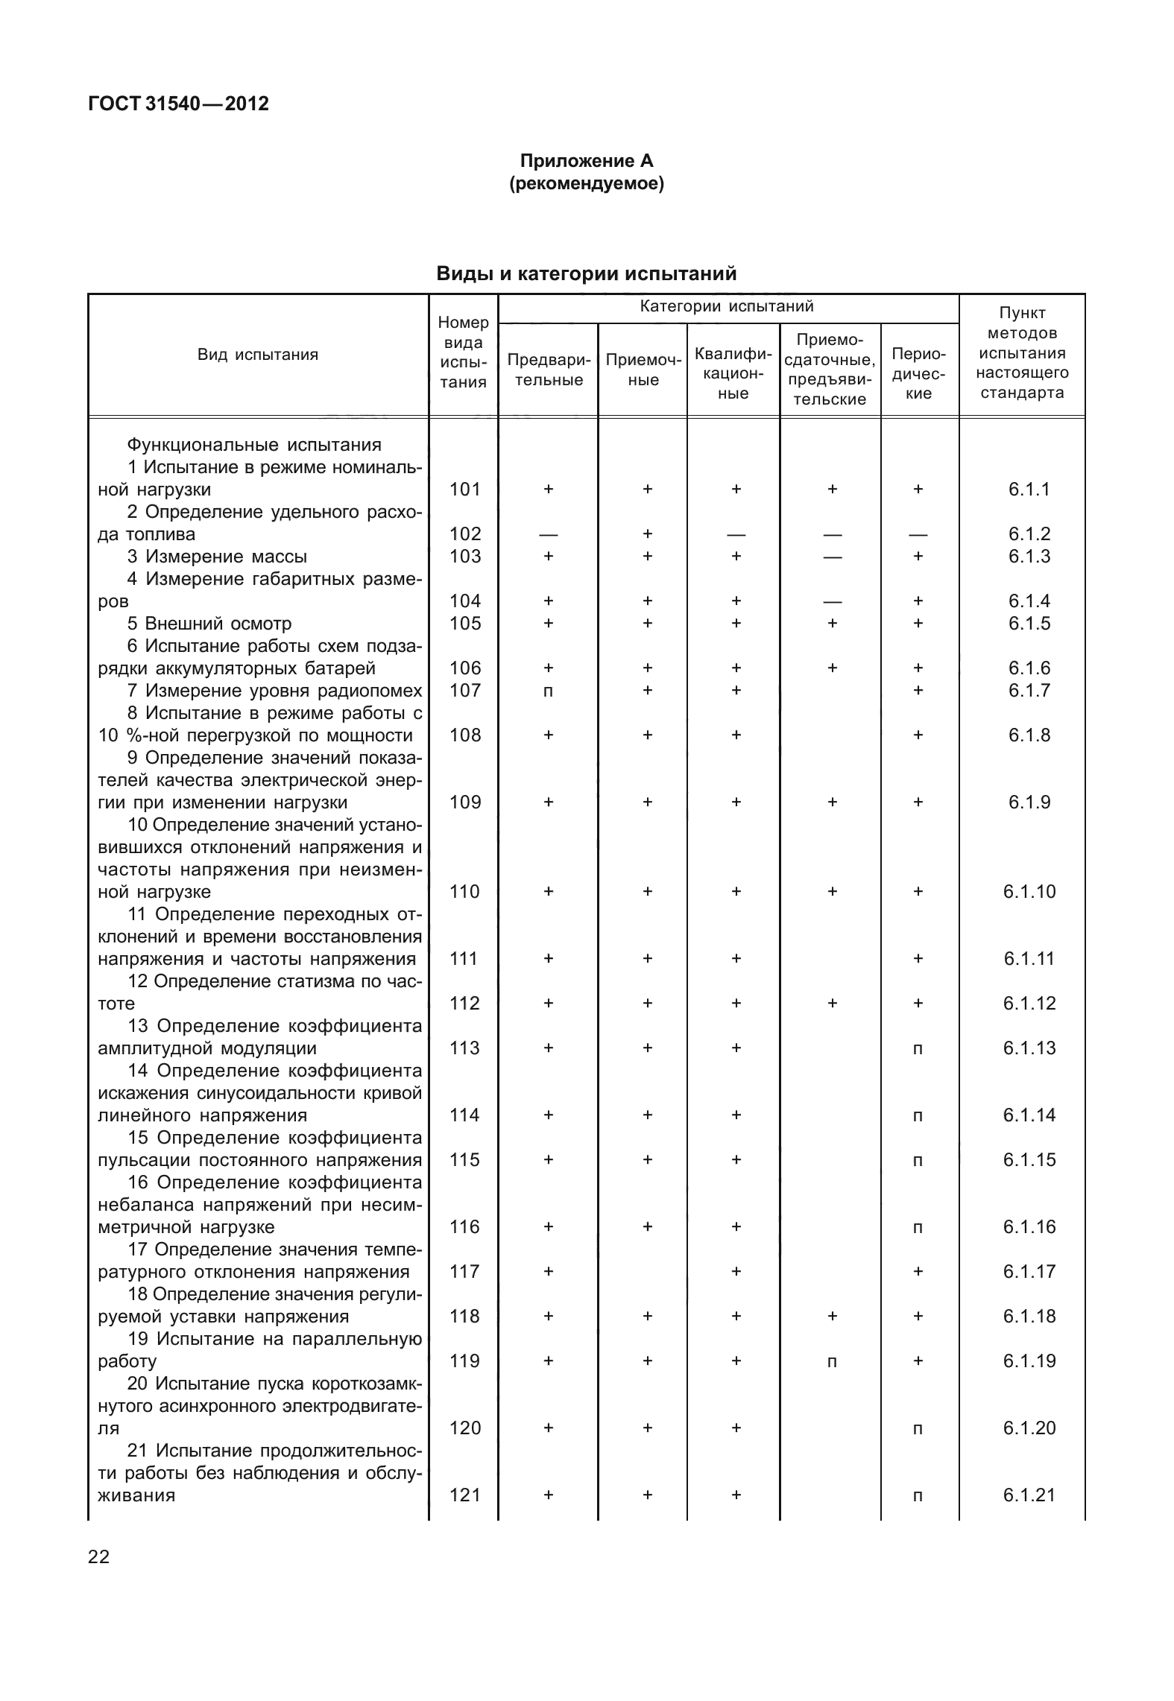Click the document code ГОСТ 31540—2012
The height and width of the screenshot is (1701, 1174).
click(x=178, y=104)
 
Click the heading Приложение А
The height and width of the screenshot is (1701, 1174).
click(x=586, y=161)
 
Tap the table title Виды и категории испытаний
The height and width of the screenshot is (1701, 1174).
click(x=586, y=274)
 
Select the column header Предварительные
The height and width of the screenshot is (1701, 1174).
click(x=549, y=370)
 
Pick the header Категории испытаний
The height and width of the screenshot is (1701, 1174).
click(x=727, y=306)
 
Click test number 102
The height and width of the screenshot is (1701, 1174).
click(x=465, y=533)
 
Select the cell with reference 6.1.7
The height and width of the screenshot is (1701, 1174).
click(x=1029, y=690)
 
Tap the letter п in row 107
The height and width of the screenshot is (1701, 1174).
click(x=549, y=691)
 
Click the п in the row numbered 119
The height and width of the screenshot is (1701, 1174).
click(x=832, y=1362)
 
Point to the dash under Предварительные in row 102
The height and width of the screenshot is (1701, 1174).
click(x=549, y=534)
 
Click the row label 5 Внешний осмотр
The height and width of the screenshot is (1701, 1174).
click(x=209, y=623)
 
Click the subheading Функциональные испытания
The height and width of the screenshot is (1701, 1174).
click(x=253, y=445)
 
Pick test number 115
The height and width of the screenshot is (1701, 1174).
click(x=465, y=1159)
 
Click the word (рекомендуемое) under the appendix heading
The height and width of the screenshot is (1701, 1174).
click(x=586, y=183)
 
